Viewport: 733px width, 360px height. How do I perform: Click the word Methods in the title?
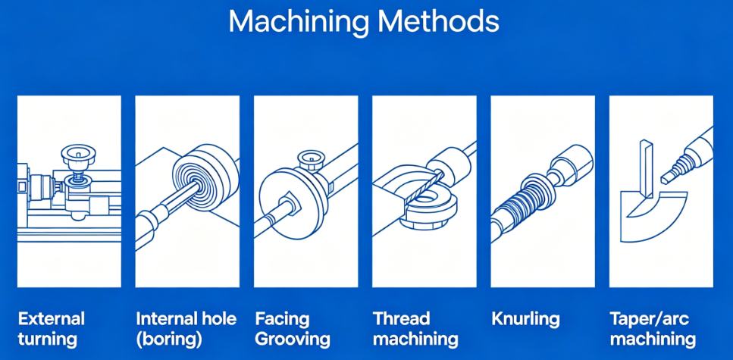(x=437, y=20)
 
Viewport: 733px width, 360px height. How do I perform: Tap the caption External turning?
(x=51, y=329)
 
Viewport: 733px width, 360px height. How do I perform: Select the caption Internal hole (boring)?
(x=186, y=329)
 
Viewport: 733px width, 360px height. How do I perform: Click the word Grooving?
(x=293, y=340)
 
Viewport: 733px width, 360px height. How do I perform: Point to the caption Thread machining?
(x=415, y=329)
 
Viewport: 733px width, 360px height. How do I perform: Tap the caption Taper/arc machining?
(x=653, y=329)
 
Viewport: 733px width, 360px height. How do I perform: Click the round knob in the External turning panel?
(x=78, y=157)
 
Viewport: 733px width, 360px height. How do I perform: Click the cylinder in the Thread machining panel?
(x=450, y=165)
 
